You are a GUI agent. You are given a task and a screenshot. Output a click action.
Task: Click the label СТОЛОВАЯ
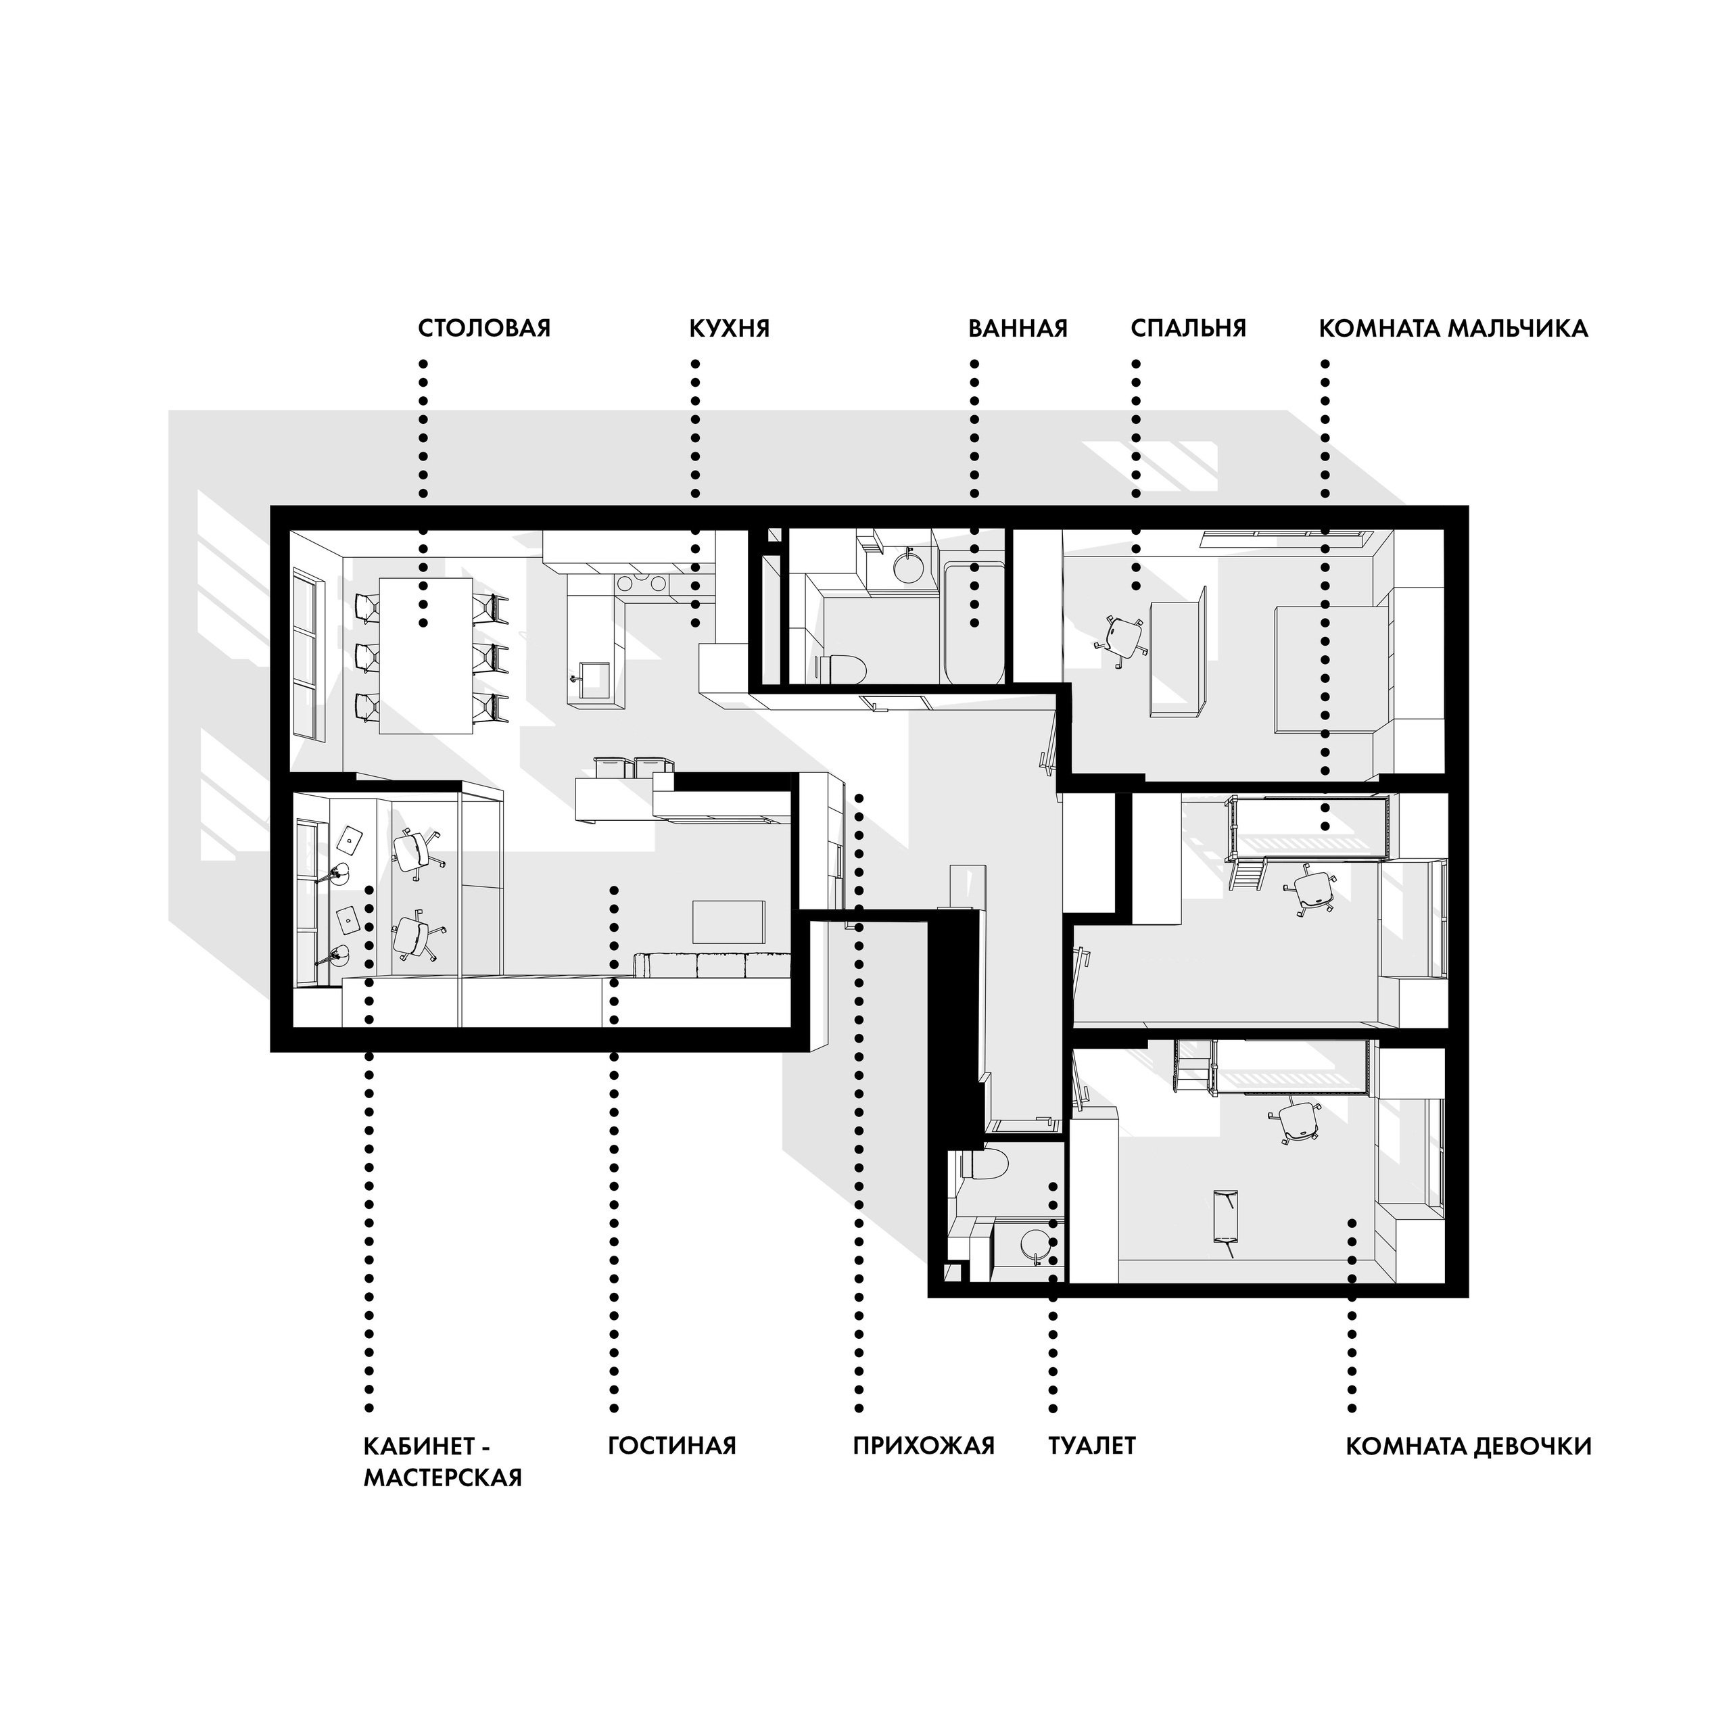[x=484, y=328]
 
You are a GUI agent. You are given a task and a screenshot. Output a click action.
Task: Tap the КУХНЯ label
[x=730, y=328]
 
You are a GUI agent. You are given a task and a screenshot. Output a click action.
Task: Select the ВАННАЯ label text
[x=1018, y=328]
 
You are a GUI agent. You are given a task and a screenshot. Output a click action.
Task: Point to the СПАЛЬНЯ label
[x=1188, y=328]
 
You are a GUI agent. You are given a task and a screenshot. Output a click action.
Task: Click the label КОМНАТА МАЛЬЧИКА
[x=1453, y=328]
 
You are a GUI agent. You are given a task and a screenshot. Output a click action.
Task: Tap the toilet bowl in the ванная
[x=843, y=668]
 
